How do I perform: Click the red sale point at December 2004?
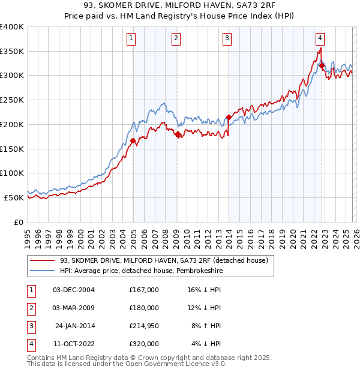(x=133, y=140)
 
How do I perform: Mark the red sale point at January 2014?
(x=229, y=118)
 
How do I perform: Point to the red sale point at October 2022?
(x=322, y=65)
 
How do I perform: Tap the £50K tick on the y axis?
(x=14, y=197)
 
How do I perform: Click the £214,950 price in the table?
(x=144, y=326)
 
